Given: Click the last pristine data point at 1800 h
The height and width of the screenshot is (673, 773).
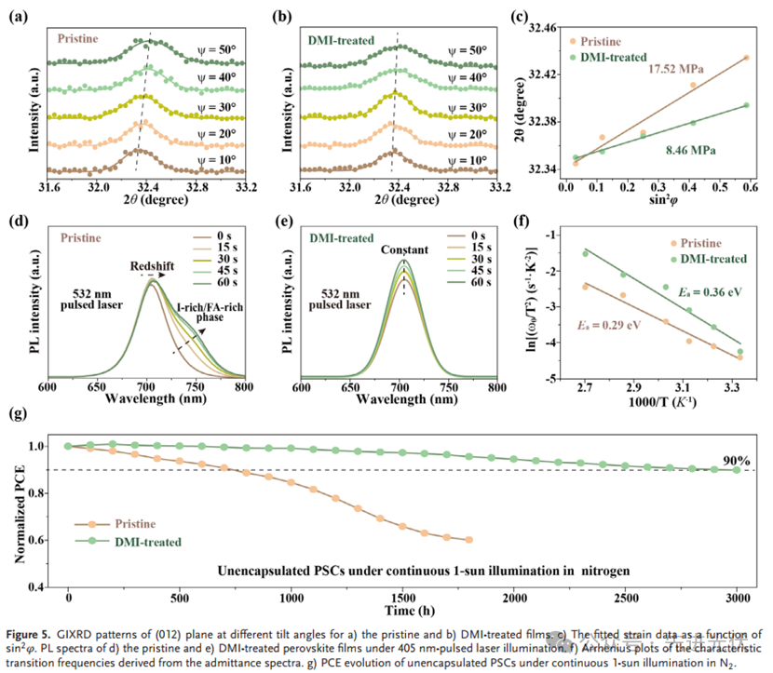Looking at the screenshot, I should [x=468, y=540].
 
